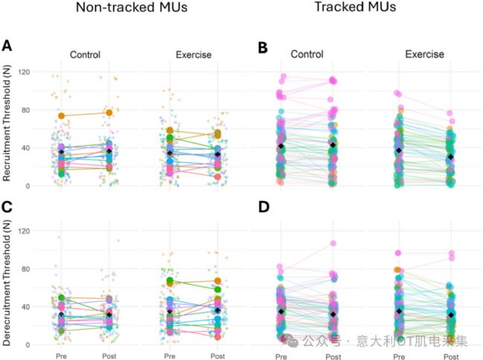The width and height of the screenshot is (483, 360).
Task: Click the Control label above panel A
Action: (x=85, y=54)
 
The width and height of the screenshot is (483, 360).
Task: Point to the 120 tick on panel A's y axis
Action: (x=30, y=72)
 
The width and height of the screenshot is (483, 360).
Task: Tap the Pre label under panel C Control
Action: (x=62, y=356)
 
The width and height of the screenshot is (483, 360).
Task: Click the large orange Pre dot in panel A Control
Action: (x=62, y=115)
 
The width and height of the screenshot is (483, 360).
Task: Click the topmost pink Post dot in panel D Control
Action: (x=333, y=243)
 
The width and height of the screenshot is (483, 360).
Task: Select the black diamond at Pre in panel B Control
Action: (x=280, y=147)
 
